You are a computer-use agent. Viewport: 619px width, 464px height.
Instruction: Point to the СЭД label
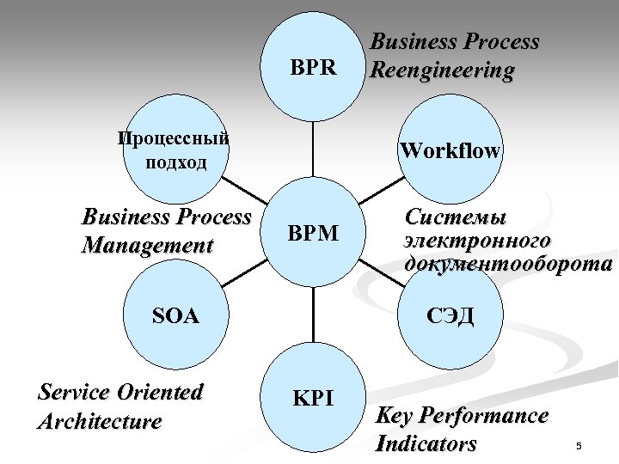[x=450, y=315]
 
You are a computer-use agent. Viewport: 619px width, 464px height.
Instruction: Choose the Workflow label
[x=450, y=151]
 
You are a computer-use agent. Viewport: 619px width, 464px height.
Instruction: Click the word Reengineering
[x=441, y=70]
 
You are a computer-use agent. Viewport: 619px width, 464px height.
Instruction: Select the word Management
[x=147, y=246]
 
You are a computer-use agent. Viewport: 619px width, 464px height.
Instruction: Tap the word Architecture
[x=100, y=421]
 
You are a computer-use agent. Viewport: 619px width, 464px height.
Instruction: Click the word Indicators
[x=426, y=444]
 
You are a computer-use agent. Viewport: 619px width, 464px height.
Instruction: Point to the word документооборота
[x=508, y=264]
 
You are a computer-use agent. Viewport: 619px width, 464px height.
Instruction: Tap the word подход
[x=175, y=162]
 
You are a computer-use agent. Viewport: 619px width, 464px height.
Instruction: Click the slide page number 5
[x=579, y=446]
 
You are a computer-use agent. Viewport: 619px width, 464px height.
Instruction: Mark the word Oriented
[x=161, y=393]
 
